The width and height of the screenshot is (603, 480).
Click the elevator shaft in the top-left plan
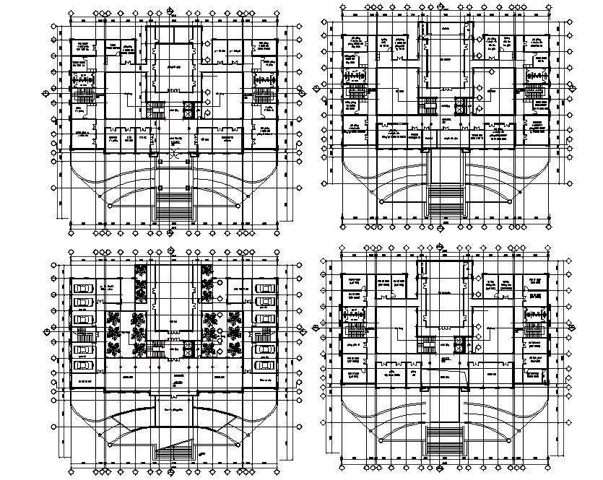[189, 110]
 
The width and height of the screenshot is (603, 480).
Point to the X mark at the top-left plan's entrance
[172, 154]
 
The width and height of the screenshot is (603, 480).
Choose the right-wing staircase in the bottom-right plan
[535, 330]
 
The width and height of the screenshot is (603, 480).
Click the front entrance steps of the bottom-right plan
[445, 440]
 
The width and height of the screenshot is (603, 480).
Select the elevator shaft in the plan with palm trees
[189, 349]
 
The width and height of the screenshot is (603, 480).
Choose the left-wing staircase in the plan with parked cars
[84, 336]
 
